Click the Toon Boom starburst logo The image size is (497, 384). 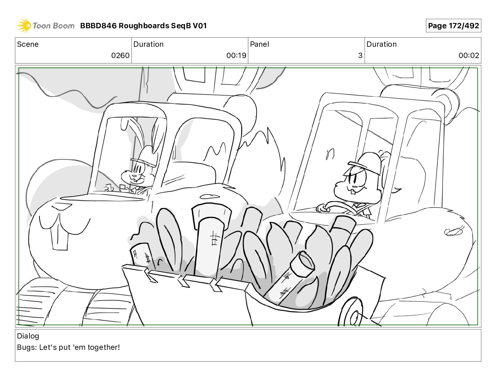click(24, 25)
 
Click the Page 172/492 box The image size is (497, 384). click(453, 26)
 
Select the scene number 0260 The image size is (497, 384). click(120, 55)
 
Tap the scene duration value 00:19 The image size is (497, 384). click(236, 55)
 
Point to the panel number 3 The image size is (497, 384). click(360, 55)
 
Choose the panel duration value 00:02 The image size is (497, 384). click(469, 55)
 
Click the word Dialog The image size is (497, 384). click(28, 336)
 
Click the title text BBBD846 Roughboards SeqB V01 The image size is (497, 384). click(143, 26)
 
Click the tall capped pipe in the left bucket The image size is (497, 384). click(211, 238)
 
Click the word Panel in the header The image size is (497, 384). click(259, 44)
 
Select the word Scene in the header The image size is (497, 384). click(28, 44)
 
